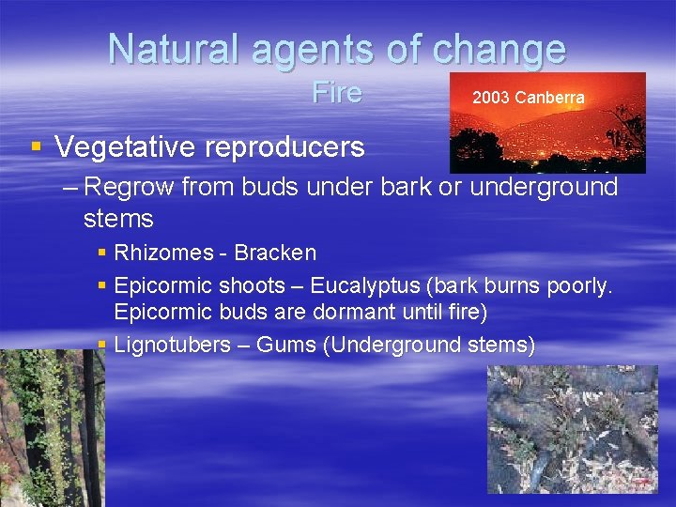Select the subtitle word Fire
[x=336, y=92]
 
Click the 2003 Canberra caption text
[x=528, y=98]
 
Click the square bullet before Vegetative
[x=36, y=147]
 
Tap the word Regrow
[x=127, y=188]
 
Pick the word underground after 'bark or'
[x=544, y=188]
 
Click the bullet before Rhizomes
[x=101, y=253]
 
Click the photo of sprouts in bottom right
[x=572, y=429]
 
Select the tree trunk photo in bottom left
[x=52, y=428]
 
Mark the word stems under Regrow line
[x=117, y=220]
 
